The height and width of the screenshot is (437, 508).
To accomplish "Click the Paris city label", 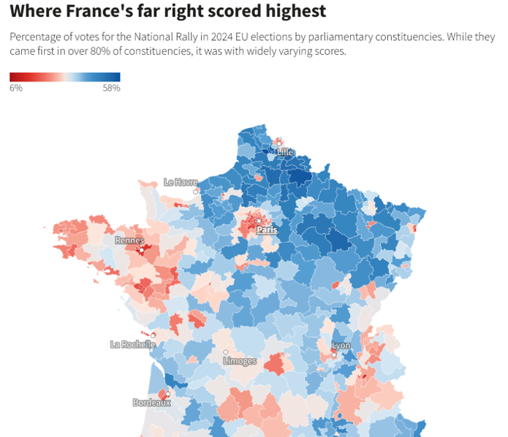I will tap(267, 229).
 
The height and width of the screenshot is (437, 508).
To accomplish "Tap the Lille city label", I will tap(285, 151).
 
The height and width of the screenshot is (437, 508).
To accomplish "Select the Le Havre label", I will tap(181, 182).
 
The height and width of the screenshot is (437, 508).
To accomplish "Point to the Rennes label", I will tap(129, 240).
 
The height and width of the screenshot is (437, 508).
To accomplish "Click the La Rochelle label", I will tap(132, 344).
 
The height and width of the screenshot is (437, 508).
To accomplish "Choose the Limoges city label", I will tap(240, 361).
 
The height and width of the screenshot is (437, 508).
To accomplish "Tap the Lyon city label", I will tap(341, 345).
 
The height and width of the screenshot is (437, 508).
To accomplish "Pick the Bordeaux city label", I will tap(151, 402).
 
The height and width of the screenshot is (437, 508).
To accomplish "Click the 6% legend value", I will tap(16, 88).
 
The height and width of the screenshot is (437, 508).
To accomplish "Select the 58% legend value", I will tap(111, 88).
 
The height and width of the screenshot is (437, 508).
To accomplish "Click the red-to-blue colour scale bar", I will tap(65, 77).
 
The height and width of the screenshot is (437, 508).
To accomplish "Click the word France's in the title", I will tap(93, 12).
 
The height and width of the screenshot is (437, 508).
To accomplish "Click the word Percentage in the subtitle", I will tap(36, 37).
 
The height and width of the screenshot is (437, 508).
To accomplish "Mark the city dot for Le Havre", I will tap(195, 191).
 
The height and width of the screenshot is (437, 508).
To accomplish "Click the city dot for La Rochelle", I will tap(153, 335).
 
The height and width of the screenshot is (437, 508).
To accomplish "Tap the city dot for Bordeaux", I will tap(167, 394).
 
